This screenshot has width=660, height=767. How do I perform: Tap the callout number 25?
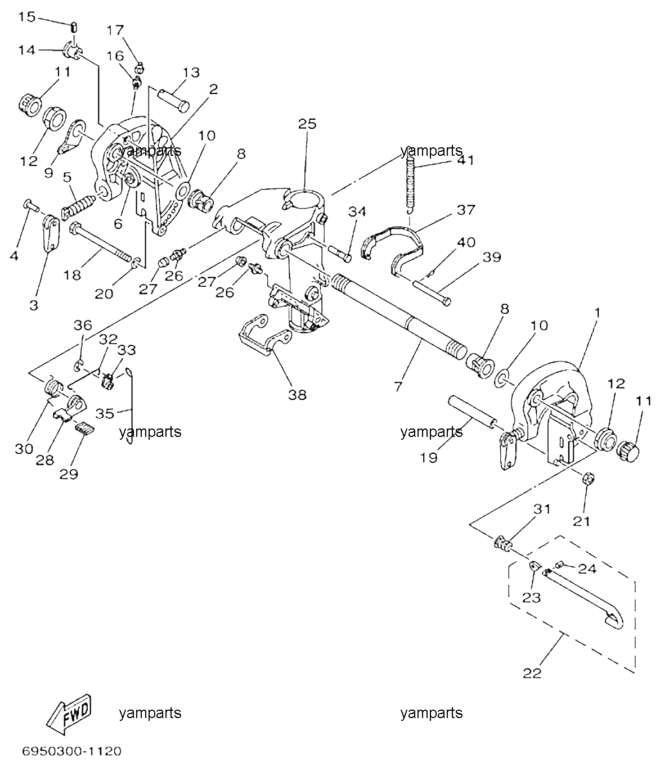pos(307,124)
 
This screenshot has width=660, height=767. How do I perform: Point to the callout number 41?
pos(465,160)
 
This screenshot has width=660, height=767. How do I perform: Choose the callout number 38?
pos(297,395)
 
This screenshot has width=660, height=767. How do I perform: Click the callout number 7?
pos(398,387)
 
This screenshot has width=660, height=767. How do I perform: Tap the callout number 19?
pos(429,458)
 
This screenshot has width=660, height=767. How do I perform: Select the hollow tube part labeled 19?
pos(473,412)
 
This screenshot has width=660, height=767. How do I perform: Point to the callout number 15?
pos(27,17)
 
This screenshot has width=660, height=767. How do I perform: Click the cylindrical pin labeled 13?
pos(174,100)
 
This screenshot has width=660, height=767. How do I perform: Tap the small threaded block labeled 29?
pos(85,428)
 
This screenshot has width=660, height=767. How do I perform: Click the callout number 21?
pos(581,522)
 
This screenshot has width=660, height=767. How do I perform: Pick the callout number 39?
pos(492,257)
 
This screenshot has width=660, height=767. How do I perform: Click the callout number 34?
pos(357,211)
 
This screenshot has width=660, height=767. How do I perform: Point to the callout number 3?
pos(34,305)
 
